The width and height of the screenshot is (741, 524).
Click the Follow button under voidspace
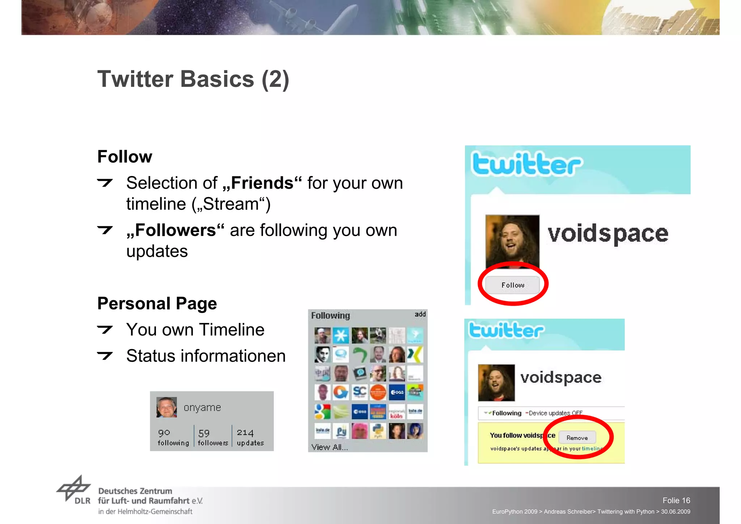(x=512, y=285)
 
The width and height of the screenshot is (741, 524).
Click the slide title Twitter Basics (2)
(x=193, y=79)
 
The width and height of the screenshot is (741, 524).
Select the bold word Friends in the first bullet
(x=262, y=183)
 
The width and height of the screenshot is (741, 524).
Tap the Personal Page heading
(x=157, y=303)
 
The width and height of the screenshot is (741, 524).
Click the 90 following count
(x=173, y=437)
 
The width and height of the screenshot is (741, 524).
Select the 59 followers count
(x=213, y=437)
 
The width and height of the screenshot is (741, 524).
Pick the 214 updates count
(x=250, y=437)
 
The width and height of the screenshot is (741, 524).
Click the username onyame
(x=202, y=407)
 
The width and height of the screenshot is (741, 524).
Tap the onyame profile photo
(x=166, y=407)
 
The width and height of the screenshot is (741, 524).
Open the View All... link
(x=329, y=447)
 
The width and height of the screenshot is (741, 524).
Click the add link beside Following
(x=420, y=314)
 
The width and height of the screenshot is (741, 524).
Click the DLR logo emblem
(x=74, y=489)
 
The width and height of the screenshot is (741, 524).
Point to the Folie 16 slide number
(x=676, y=500)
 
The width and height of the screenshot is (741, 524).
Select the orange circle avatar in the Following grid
(x=378, y=392)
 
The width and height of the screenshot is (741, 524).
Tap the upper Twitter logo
(x=526, y=164)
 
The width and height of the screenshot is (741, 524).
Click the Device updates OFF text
(x=555, y=413)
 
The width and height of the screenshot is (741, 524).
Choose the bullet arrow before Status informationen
(x=105, y=356)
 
